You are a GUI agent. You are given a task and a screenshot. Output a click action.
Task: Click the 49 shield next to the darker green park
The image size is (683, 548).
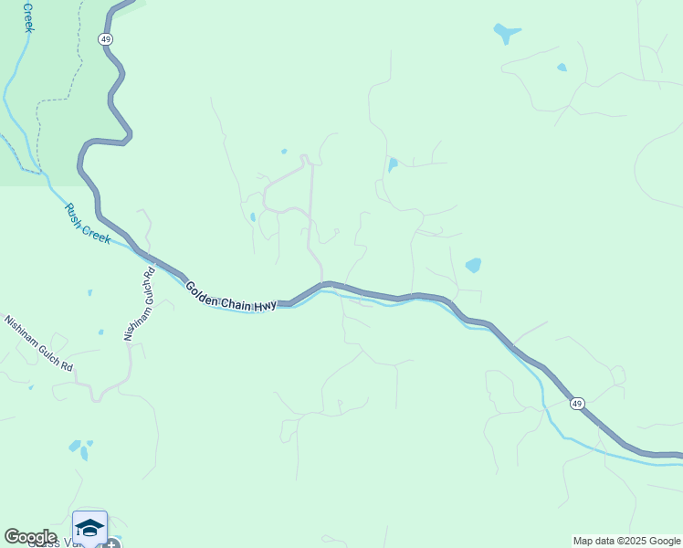tap(106, 39)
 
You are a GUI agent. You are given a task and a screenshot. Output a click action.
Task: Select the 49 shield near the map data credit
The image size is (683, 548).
tap(576, 403)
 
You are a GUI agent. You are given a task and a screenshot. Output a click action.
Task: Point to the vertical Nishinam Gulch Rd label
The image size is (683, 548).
tap(140, 304)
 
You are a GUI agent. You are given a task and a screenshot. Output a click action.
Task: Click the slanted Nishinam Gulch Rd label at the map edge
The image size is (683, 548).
tap(38, 343)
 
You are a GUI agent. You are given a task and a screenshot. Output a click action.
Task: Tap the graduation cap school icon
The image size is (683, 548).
tap(89, 528)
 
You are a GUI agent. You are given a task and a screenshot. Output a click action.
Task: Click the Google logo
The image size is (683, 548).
tap(30, 537)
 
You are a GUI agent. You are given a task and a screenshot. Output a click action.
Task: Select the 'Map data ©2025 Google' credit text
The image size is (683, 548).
tap(626, 541)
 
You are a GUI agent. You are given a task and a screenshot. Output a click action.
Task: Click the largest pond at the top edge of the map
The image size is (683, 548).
tap(506, 34)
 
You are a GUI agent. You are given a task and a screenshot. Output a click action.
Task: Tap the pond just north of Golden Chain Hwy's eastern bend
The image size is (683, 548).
tap(473, 266)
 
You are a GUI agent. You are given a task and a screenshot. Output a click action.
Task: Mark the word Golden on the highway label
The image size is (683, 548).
tap(204, 290)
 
